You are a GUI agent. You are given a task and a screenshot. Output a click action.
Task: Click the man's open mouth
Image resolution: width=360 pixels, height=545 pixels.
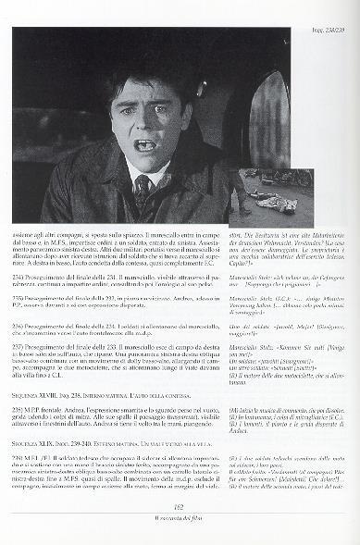(x=146, y=145)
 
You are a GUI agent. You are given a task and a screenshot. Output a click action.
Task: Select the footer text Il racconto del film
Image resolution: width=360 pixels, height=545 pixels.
(x=180, y=530)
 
